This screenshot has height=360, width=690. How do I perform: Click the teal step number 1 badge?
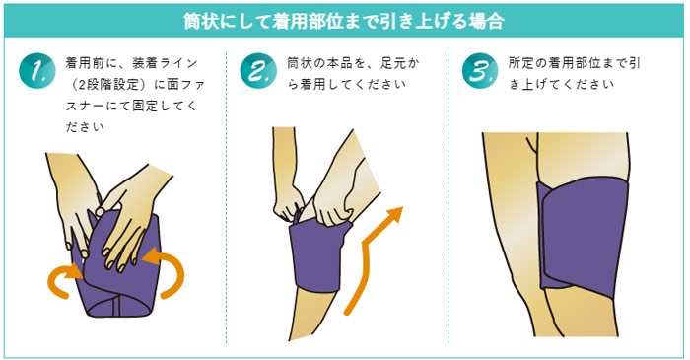point(37,72)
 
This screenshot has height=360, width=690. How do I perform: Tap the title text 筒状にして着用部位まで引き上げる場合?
point(344,20)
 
